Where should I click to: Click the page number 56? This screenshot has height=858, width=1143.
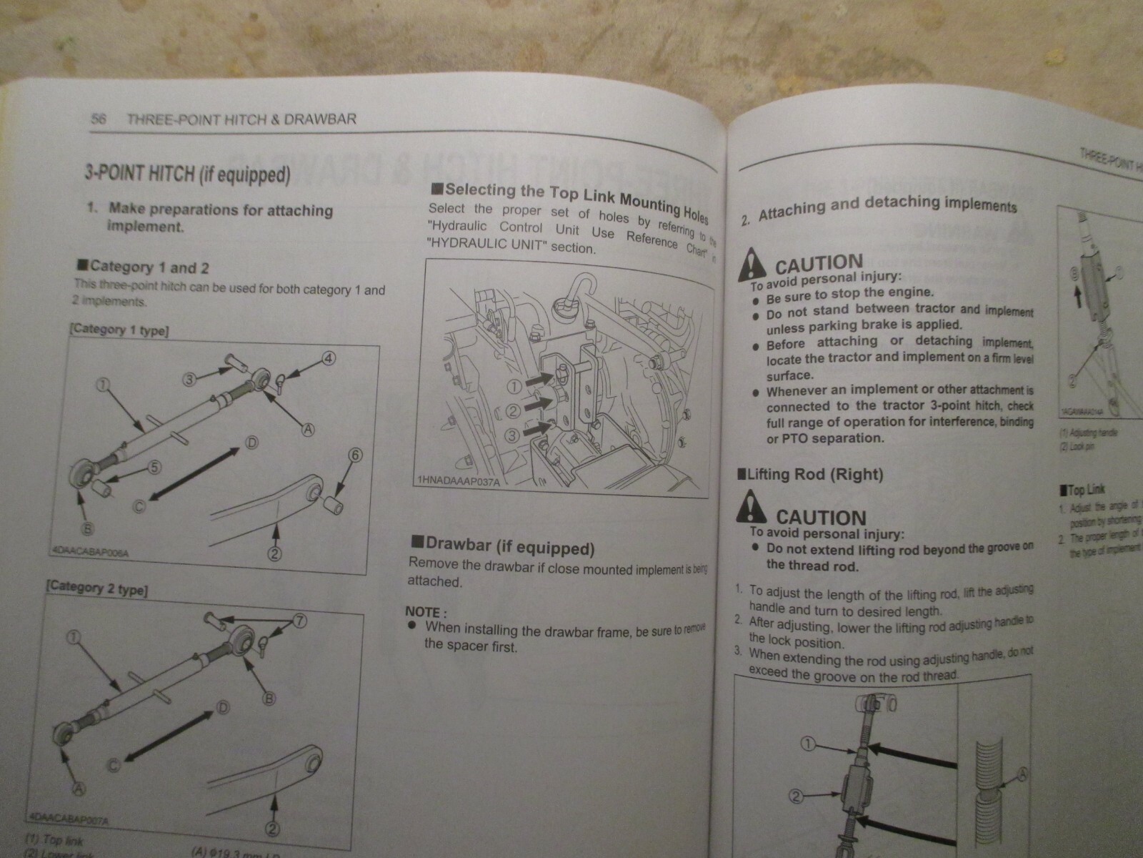click(99, 119)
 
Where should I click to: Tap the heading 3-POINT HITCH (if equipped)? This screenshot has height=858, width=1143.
click(188, 174)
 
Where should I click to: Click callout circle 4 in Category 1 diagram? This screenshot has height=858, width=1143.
click(328, 358)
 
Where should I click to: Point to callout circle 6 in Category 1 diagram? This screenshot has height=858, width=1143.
click(354, 455)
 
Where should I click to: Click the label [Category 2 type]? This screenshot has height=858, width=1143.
click(97, 588)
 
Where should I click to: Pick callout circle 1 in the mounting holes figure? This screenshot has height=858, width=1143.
click(513, 388)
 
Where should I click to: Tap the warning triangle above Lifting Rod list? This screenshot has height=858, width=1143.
click(754, 508)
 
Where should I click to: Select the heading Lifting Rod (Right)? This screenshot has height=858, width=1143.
click(811, 474)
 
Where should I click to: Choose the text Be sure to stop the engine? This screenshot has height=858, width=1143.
click(849, 293)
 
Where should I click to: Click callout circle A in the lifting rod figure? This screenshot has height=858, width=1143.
click(1024, 772)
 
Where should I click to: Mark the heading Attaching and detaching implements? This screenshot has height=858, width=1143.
click(886, 207)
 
